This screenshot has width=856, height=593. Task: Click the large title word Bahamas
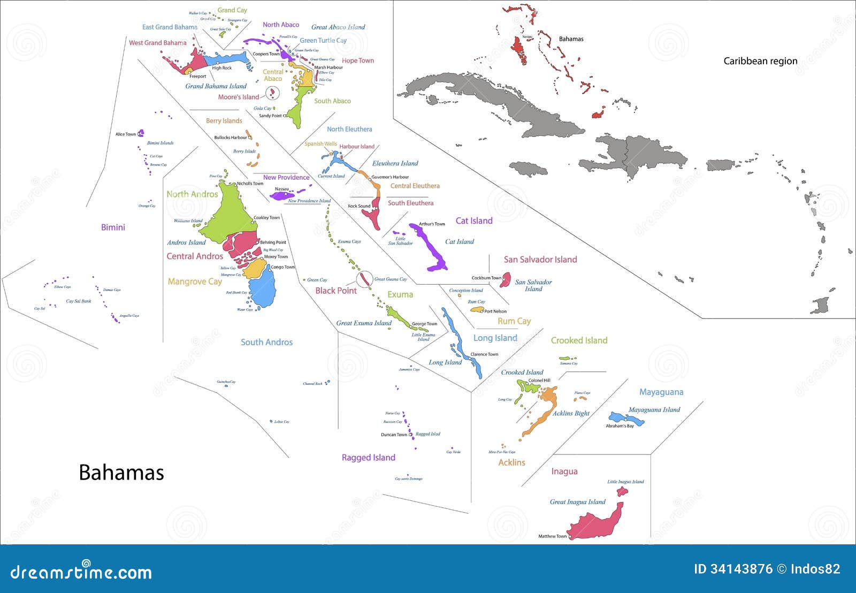point(121,473)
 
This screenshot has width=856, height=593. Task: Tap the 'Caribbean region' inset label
point(760,61)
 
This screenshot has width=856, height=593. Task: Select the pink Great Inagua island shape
point(594,524)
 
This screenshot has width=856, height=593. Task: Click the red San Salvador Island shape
point(505,280)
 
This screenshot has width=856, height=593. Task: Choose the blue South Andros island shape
point(263,289)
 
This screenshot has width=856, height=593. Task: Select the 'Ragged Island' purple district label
point(368,458)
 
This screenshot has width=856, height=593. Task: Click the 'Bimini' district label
point(113,227)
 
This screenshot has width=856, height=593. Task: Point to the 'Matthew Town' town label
point(552,536)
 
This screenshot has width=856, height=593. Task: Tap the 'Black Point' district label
point(335,291)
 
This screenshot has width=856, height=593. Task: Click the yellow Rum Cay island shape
point(476,309)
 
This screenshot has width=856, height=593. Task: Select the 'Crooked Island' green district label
point(579,340)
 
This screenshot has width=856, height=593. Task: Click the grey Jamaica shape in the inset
point(528,169)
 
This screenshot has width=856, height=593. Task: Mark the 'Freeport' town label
point(197,77)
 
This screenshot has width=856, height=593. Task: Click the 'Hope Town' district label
point(357,60)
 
